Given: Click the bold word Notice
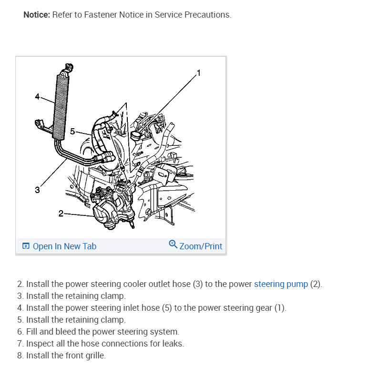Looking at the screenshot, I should [37, 15].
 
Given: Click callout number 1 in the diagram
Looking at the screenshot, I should [199, 73].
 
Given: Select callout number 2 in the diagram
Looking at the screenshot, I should [61, 214].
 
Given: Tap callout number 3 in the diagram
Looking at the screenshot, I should [37, 190].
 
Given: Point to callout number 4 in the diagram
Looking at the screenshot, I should [38, 97].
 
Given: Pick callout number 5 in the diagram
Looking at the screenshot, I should [72, 131].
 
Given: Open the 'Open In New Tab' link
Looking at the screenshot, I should [64, 246].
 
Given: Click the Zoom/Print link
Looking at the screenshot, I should [201, 246].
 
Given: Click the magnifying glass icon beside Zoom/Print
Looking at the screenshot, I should [173, 245].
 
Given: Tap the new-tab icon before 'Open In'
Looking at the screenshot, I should [26, 246].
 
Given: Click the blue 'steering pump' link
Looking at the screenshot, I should [281, 284].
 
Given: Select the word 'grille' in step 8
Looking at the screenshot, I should [95, 356].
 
